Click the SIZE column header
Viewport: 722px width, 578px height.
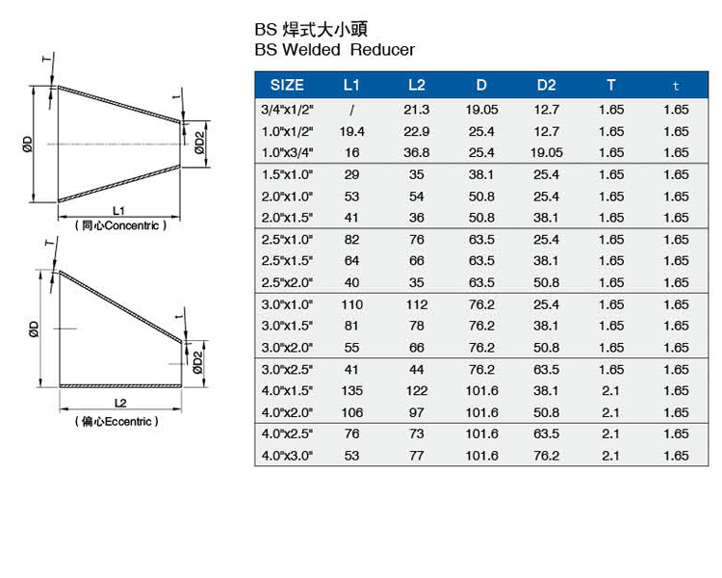coord(287,86)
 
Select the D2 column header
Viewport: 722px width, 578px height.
coord(546,86)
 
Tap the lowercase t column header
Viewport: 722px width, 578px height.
coord(676,86)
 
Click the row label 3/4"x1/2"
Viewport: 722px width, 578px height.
coord(287,110)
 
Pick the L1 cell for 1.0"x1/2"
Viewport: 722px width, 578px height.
coord(351,132)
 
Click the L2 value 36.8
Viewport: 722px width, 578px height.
coord(416,152)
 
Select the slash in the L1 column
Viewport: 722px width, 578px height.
coord(351,110)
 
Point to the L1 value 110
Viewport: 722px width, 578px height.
coord(351,304)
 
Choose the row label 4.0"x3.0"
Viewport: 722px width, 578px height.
coord(287,456)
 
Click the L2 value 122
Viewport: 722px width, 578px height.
coord(417,391)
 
